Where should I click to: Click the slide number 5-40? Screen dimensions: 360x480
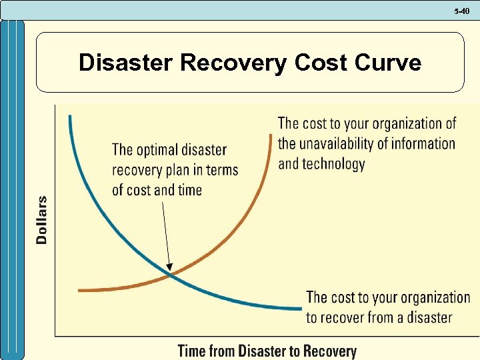[463, 11]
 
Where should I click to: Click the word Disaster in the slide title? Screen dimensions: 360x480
[126, 63]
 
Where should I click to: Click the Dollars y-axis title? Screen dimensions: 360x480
[42, 220]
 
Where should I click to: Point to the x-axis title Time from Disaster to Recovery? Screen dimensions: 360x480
[267, 351]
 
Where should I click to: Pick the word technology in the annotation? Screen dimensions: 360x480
[333, 163]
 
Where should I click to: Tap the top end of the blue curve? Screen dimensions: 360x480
[69, 117]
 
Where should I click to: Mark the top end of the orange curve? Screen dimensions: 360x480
[272, 135]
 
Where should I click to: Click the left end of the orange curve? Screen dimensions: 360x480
[79, 290]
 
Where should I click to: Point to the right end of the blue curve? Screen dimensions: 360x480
[301, 309]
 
